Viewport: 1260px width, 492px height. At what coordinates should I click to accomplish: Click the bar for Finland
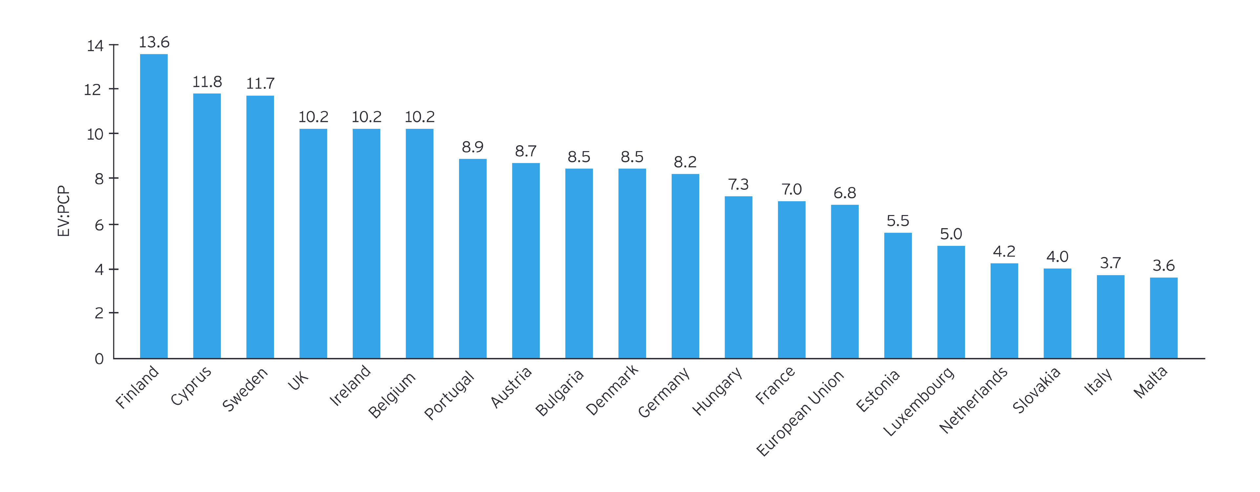point(154,205)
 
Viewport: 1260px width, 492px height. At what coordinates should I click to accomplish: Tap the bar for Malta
point(1163,318)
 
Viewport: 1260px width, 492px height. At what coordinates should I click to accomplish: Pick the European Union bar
point(844,281)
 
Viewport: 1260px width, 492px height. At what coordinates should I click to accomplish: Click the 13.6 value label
point(154,42)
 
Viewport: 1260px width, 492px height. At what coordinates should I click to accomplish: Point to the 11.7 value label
point(260,83)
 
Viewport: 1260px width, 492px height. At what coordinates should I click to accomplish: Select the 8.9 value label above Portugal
point(472,147)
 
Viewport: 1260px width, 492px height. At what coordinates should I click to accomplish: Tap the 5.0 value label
point(951,233)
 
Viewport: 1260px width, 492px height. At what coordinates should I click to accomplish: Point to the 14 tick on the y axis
point(95,46)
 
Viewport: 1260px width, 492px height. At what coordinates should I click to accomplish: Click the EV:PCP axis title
point(63,211)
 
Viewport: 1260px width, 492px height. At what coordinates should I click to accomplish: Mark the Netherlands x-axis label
point(973,400)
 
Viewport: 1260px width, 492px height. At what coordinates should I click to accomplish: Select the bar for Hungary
point(738,277)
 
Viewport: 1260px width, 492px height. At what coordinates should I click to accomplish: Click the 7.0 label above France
point(791,188)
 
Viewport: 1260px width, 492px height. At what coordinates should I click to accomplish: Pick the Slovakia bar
point(1057,313)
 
